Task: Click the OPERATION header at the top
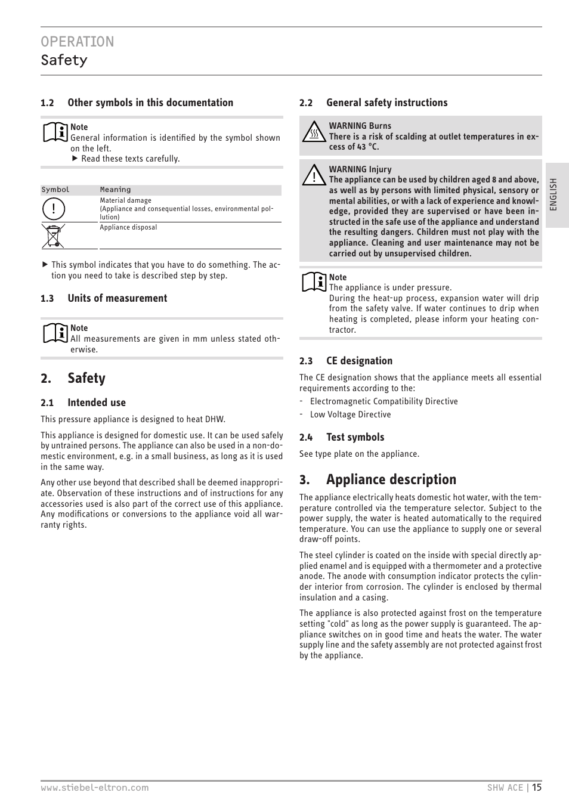point(78,42)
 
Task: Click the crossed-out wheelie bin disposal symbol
point(53,236)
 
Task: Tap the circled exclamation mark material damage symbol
point(53,209)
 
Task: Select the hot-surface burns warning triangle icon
point(314,132)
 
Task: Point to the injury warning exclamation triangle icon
point(314,175)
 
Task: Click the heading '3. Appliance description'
point(378,479)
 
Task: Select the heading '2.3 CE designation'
point(346,361)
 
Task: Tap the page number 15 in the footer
point(537,787)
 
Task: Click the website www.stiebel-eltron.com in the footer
point(95,788)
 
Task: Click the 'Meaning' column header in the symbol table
point(115,190)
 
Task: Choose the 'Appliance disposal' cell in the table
point(128,227)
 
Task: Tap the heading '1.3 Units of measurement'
point(104,298)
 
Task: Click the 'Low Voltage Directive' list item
point(350,414)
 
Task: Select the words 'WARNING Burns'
point(360,126)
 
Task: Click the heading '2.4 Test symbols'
point(342,437)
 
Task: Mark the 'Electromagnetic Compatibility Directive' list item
point(384,401)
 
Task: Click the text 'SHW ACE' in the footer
point(505,788)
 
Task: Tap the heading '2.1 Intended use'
point(84,402)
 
